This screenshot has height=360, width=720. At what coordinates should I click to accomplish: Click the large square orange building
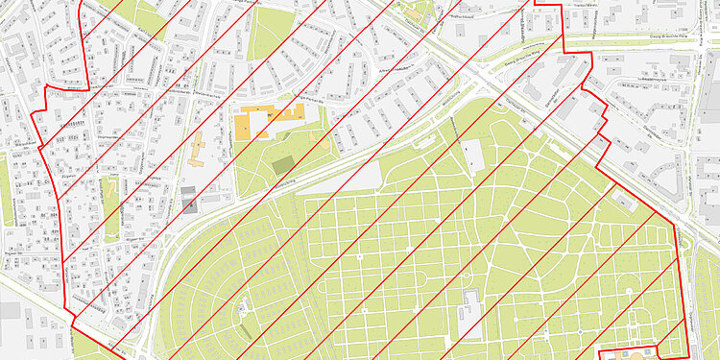[x=247, y=125]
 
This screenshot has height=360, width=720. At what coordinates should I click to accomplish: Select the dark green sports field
[x=283, y=165]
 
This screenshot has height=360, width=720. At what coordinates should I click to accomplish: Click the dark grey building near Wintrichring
[x=189, y=199]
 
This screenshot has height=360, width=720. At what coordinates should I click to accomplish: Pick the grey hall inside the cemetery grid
[x=469, y=314]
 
